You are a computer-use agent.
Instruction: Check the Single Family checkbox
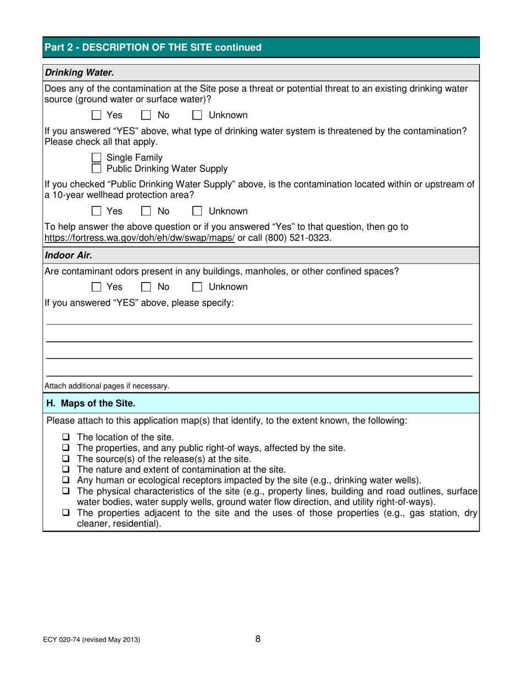point(97,158)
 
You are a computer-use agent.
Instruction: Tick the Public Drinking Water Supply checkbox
point(97,168)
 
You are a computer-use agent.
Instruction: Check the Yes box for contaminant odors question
point(97,287)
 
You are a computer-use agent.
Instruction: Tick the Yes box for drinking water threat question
point(97,115)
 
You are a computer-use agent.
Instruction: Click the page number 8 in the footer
point(258,639)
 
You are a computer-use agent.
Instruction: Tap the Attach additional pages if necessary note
point(107,386)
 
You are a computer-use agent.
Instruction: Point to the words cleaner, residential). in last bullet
point(119,524)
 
